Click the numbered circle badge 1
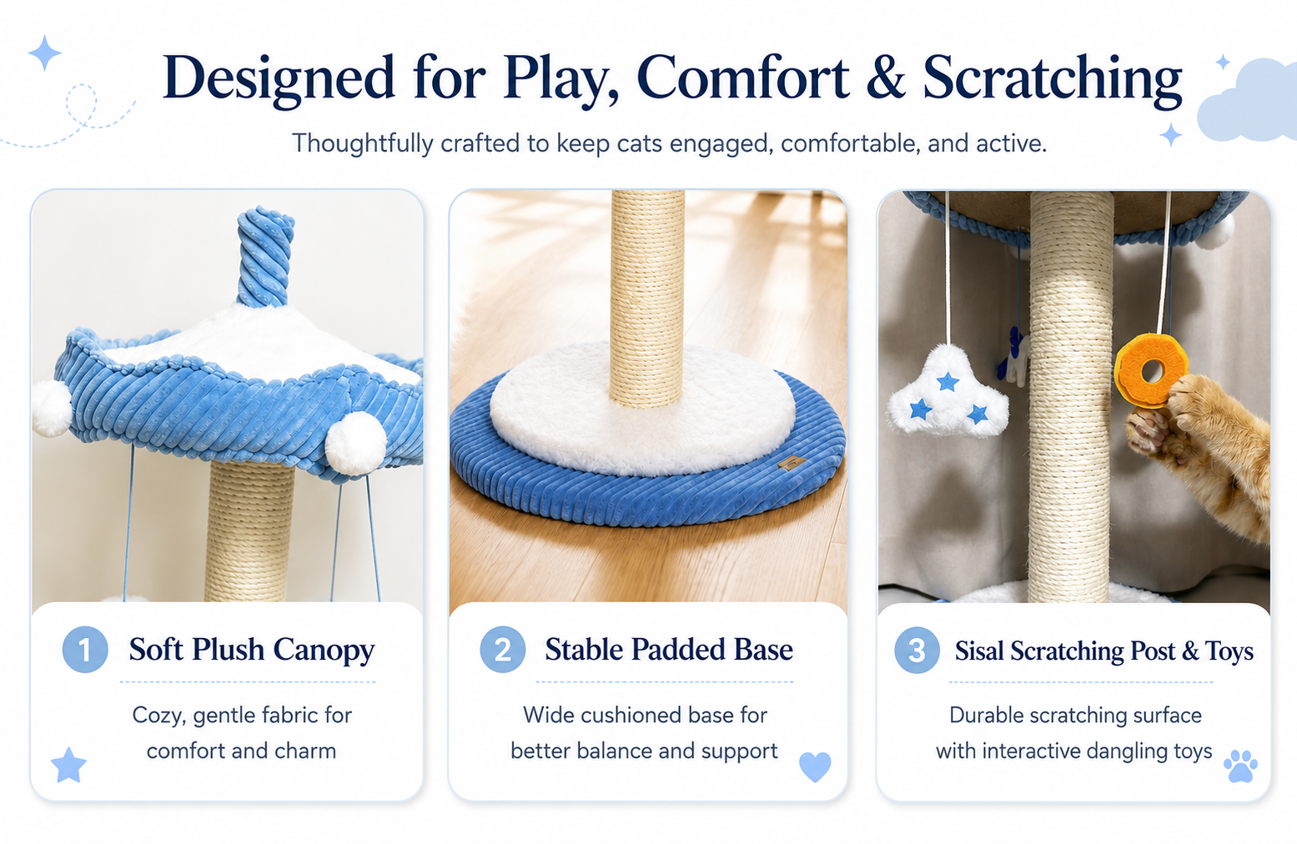[x=85, y=649]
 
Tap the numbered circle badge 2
[x=503, y=649]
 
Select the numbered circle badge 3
[x=917, y=650]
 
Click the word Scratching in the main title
[x=1052, y=78]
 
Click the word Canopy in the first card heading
[x=324, y=651]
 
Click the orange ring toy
[x=1150, y=370]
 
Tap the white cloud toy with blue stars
[x=948, y=394]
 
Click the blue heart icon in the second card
[x=815, y=766]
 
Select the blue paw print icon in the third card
[x=1240, y=766]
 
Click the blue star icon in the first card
[x=69, y=765]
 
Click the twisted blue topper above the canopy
[x=264, y=257]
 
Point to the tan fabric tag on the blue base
[x=792, y=462]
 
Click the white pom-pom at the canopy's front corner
[x=355, y=444]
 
